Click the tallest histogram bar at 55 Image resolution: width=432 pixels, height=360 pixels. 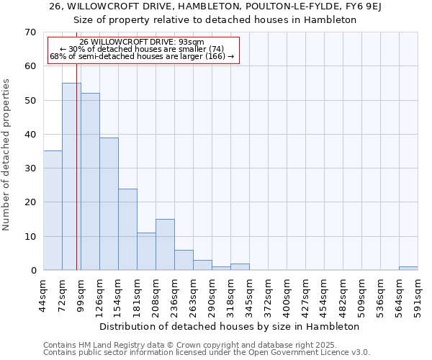click(x=71, y=176)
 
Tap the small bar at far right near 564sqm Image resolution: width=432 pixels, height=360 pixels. click(x=408, y=269)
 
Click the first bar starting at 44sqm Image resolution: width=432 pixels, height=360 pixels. click(x=53, y=210)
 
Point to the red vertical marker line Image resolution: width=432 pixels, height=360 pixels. click(x=76, y=180)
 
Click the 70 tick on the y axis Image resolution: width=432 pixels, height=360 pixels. click(x=30, y=32)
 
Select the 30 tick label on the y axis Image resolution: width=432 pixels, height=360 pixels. click(x=30, y=168)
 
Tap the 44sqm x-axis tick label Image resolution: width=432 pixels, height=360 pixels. click(x=44, y=294)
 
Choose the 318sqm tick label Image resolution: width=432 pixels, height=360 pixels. click(x=231, y=294)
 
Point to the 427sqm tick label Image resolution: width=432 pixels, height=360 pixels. click(x=306, y=294)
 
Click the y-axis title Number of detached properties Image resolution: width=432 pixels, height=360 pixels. click(x=7, y=155)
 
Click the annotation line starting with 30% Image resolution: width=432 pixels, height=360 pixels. click(x=143, y=49)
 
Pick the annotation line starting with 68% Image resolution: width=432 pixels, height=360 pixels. click(x=142, y=56)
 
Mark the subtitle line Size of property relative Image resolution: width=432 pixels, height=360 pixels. click(x=215, y=19)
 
